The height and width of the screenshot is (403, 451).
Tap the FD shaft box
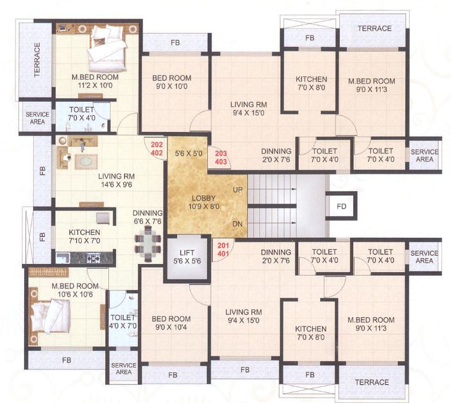(x=342, y=207)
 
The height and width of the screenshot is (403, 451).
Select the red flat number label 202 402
(x=157, y=147)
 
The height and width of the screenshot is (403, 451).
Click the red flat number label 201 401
(x=224, y=249)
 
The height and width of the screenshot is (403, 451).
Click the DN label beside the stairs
(x=237, y=224)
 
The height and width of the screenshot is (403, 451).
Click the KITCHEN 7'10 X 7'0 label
(x=84, y=237)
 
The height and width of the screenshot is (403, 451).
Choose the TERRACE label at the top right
(x=372, y=28)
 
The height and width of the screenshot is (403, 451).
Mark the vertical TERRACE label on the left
(x=37, y=60)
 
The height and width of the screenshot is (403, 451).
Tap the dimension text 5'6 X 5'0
(x=189, y=153)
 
